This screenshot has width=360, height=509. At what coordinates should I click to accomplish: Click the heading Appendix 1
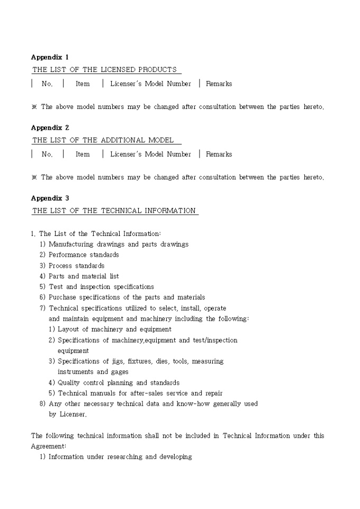tap(50, 57)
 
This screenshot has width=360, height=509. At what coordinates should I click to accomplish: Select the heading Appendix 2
tap(50, 128)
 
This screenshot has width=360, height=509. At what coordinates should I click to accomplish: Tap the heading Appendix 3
tap(50, 198)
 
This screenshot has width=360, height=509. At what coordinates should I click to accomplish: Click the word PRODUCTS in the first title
tap(157, 70)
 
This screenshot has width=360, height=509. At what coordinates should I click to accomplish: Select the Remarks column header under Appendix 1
tap(219, 84)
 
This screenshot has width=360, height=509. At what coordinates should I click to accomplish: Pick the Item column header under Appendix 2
tap(83, 154)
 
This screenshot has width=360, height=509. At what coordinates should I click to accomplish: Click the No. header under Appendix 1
tap(47, 84)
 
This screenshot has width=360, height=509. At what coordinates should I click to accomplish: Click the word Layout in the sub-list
tap(68, 329)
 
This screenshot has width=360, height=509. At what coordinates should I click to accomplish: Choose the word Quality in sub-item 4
tap(69, 383)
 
